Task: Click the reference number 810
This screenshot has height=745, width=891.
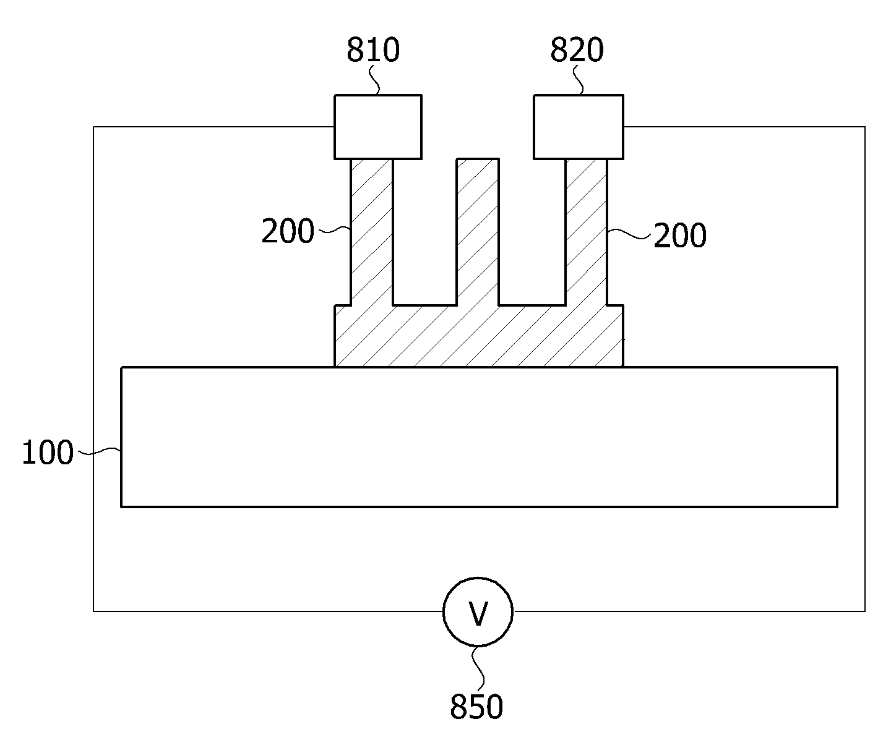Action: [x=373, y=49]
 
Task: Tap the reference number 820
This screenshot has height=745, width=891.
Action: [x=577, y=49]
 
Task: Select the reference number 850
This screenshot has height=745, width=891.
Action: [x=476, y=707]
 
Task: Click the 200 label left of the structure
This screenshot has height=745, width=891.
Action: [x=288, y=231]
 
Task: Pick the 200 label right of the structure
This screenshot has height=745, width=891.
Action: [x=680, y=235]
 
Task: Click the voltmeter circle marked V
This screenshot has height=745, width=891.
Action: [x=478, y=612]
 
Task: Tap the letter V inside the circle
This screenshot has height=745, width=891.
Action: [x=478, y=614]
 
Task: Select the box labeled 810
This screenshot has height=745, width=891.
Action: [x=378, y=127]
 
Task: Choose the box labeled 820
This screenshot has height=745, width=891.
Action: [x=579, y=127]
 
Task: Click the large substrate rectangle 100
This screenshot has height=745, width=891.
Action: [x=479, y=437]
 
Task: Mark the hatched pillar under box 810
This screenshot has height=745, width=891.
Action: [x=371, y=232]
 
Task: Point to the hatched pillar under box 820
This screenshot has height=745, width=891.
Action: [x=587, y=232]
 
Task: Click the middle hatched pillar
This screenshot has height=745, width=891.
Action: [x=478, y=232]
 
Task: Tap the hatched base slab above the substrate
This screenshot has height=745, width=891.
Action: [x=479, y=336]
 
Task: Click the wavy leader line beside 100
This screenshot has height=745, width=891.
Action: [x=99, y=451]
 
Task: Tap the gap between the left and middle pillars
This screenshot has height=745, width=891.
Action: [x=424, y=232]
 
